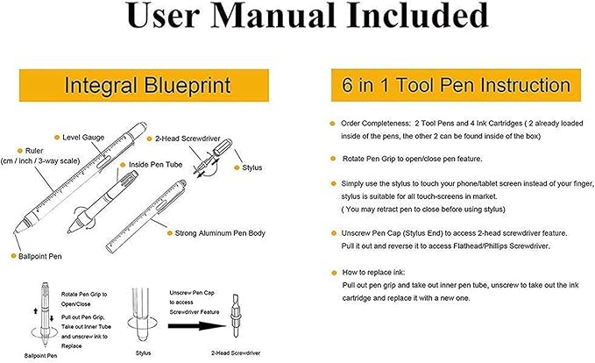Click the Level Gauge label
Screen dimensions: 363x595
(86, 138)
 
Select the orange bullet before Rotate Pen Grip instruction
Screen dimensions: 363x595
(332, 158)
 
